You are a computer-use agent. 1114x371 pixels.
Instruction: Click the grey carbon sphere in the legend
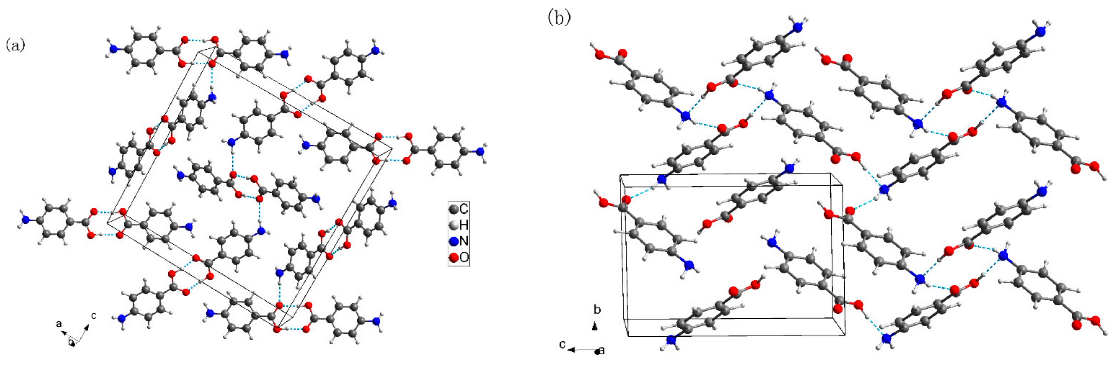pos(453,210)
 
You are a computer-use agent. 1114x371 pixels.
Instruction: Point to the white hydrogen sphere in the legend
pos(453,225)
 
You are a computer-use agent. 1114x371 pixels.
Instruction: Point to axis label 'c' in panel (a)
pos(93,316)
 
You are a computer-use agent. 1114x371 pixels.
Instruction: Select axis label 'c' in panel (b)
pos(562,345)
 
